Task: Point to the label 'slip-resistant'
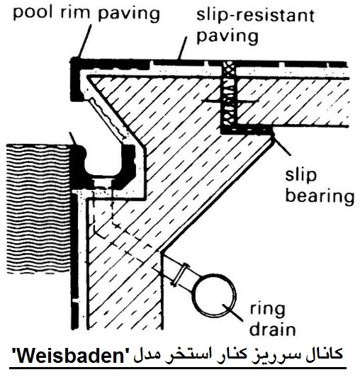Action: (x=255, y=15)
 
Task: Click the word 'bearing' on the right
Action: (x=320, y=196)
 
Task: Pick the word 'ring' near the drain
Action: (x=268, y=310)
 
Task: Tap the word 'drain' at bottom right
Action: (x=272, y=329)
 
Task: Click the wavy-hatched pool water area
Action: (x=38, y=208)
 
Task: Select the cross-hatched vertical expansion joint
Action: (x=229, y=94)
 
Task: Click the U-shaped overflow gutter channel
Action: (x=106, y=170)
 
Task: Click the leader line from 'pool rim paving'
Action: (x=84, y=41)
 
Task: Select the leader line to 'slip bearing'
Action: (x=281, y=145)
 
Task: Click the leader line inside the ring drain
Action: (x=232, y=313)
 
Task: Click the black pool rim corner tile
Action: (x=77, y=79)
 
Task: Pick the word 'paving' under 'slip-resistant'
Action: (x=227, y=37)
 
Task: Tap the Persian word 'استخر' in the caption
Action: (x=225, y=355)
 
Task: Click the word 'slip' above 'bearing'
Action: (x=300, y=175)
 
